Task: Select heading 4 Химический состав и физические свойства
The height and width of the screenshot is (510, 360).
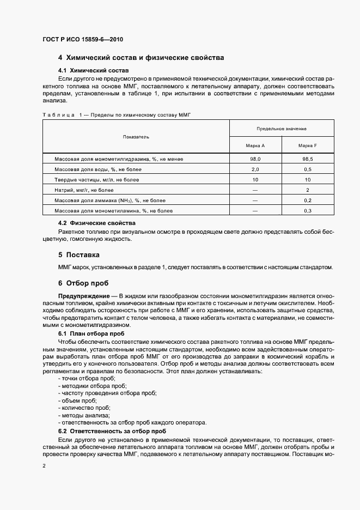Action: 141,58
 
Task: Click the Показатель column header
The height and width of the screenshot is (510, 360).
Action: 136,137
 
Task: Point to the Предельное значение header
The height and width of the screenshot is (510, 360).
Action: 282,129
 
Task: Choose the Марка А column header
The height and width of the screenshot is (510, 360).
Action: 255,145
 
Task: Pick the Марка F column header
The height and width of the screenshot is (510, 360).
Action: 308,145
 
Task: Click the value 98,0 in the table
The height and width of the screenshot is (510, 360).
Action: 255,159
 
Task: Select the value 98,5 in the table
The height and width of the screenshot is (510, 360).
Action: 308,159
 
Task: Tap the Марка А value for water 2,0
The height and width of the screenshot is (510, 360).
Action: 255,169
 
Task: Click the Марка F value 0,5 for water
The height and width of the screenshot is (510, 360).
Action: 308,169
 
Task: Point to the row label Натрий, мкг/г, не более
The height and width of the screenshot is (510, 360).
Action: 84,190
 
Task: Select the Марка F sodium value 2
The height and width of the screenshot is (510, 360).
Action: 308,190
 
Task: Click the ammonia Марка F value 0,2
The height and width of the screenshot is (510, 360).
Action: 308,201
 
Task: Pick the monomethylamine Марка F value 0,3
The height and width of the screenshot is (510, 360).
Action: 308,211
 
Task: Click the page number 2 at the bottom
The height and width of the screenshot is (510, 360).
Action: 44,466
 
